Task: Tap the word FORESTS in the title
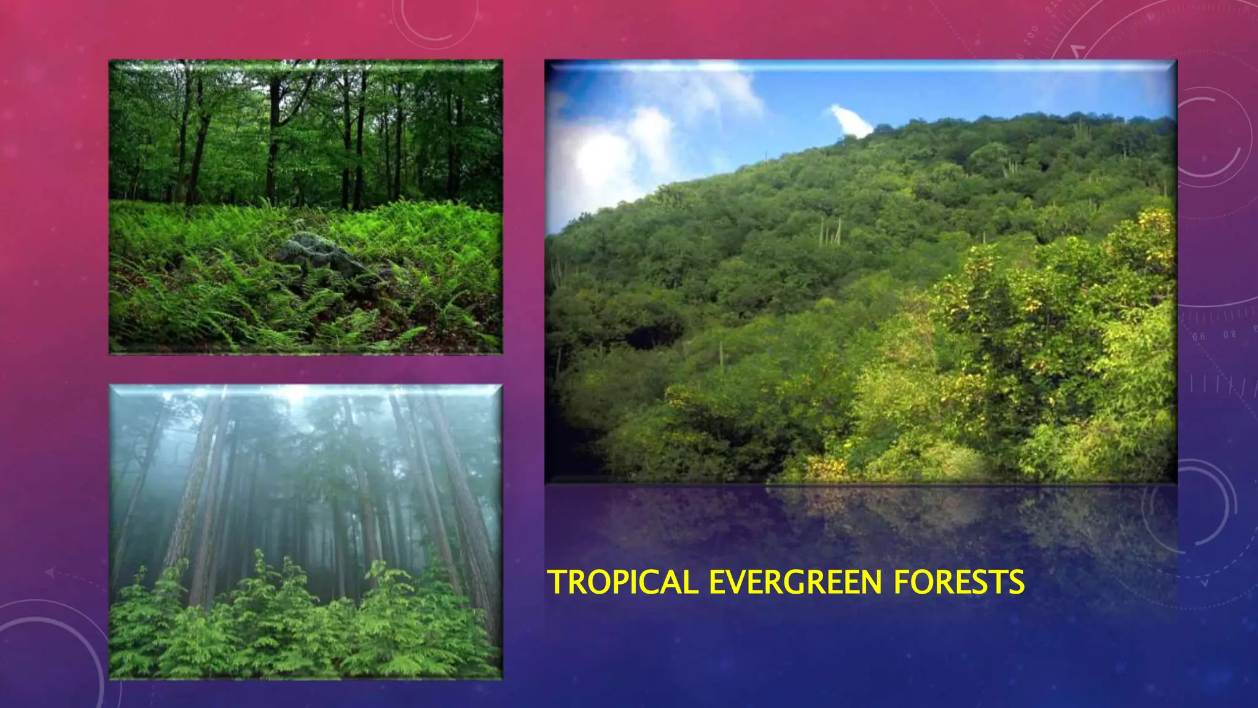(x=959, y=582)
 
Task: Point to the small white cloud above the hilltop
(x=851, y=121)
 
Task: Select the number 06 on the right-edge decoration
(x=1199, y=336)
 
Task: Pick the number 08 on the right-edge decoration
(x=1229, y=334)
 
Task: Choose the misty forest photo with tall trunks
(x=306, y=532)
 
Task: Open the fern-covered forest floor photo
(x=306, y=206)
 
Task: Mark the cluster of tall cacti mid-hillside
(x=830, y=232)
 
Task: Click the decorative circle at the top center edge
(x=435, y=22)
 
